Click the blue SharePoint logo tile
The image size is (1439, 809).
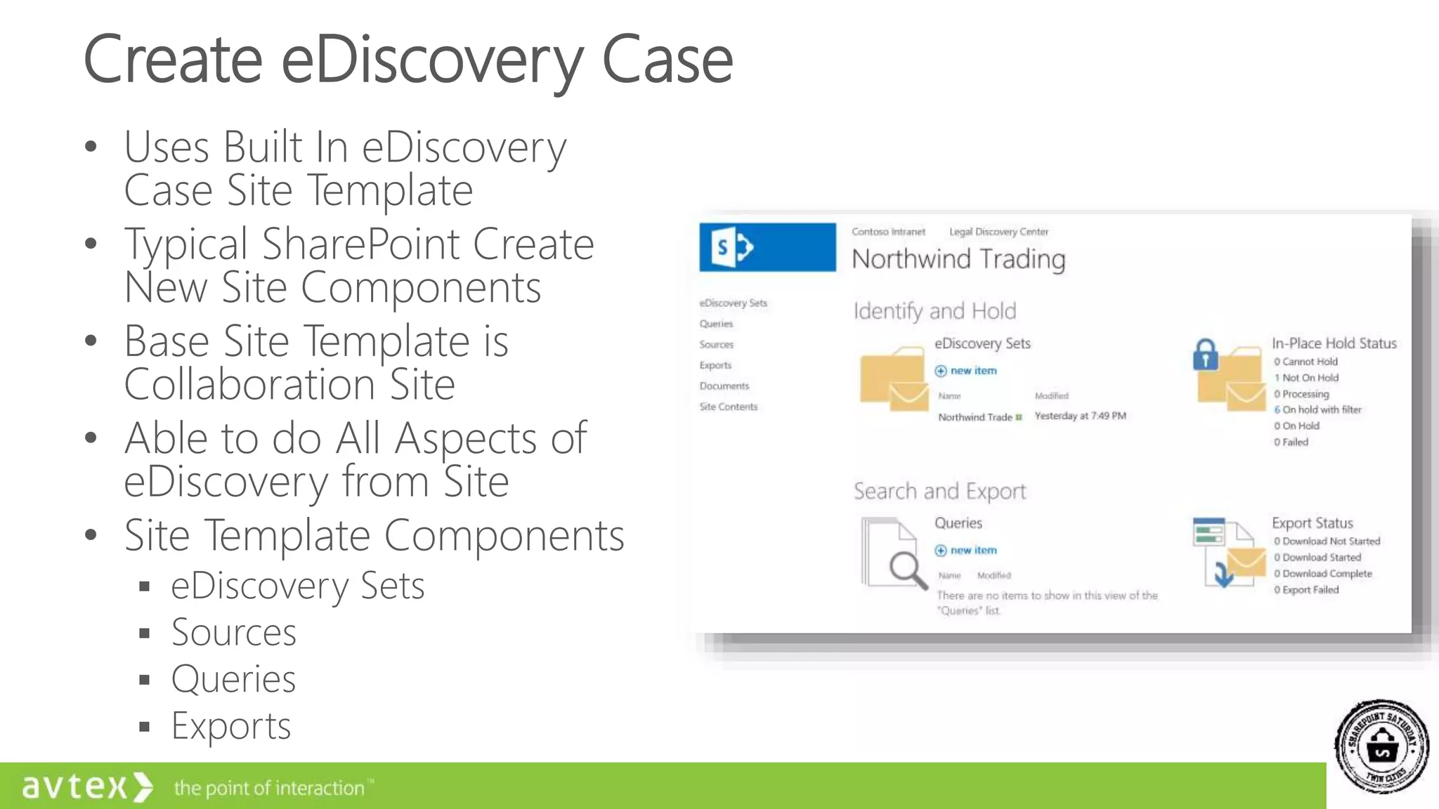(x=767, y=247)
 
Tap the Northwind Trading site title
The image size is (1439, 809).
(x=958, y=259)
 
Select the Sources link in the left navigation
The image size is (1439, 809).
(x=716, y=344)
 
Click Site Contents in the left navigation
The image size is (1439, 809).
(x=728, y=407)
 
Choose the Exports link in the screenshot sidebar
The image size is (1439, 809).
(x=715, y=365)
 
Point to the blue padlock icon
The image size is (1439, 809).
(x=1205, y=355)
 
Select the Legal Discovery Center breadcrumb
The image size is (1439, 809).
(x=998, y=232)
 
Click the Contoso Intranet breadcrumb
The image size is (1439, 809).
(x=888, y=232)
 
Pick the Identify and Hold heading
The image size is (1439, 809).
(x=935, y=311)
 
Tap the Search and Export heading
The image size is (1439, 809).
(x=939, y=491)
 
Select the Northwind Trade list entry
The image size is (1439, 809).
(x=975, y=417)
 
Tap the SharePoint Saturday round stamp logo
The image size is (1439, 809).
(x=1381, y=746)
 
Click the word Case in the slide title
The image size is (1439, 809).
(x=668, y=60)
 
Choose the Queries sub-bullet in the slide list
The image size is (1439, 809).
(x=233, y=679)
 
